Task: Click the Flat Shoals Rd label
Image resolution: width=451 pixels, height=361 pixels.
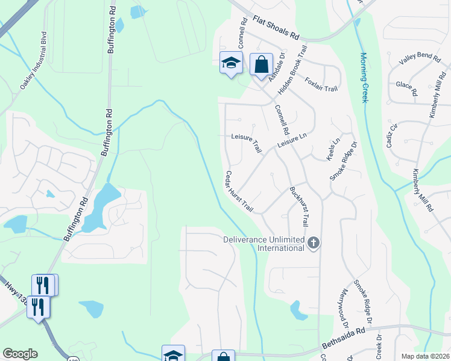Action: (276, 28)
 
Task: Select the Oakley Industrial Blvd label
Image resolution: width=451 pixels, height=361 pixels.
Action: (33, 60)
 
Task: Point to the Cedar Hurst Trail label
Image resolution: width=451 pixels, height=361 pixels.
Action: (239, 191)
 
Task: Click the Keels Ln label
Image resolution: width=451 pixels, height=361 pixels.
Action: (333, 149)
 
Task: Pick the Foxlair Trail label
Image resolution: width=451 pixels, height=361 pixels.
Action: (321, 84)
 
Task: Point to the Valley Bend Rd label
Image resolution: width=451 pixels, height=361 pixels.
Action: (420, 57)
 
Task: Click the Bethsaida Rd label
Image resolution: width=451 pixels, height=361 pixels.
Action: (344, 339)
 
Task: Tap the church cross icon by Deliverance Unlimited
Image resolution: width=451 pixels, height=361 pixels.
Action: (313, 243)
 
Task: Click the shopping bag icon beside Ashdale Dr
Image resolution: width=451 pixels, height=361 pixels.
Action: (261, 63)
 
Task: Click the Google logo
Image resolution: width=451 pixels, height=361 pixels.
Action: (20, 354)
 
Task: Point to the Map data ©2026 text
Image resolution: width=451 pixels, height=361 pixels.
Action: (424, 356)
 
